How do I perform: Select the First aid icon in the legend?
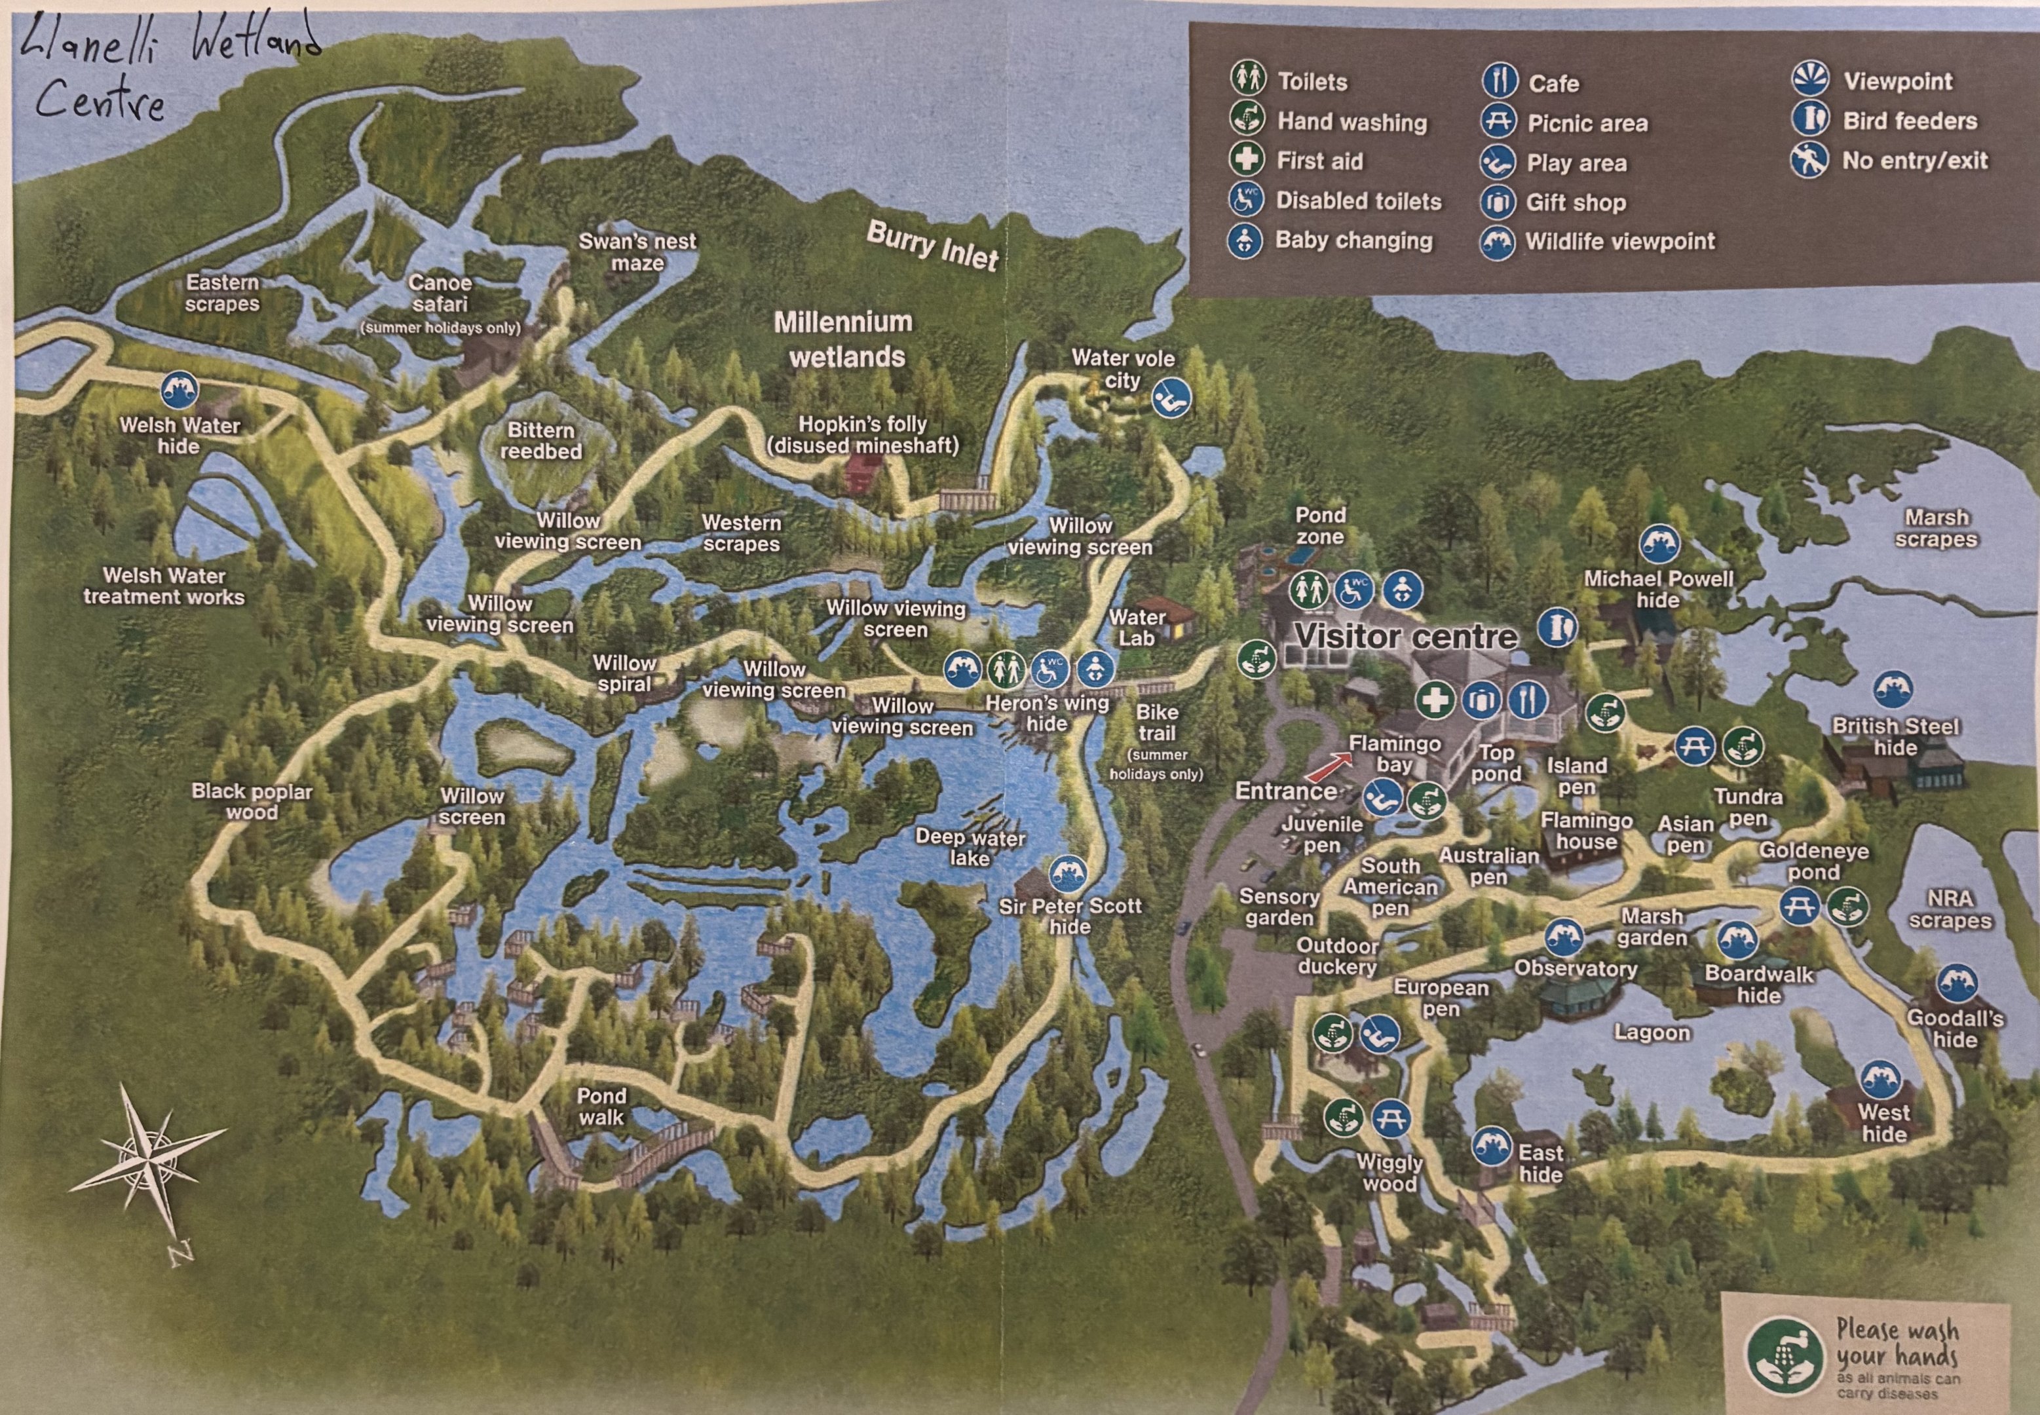[x=1247, y=160]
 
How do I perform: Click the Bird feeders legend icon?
[x=1809, y=120]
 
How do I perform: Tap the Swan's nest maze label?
[x=637, y=252]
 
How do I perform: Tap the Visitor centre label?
[x=1406, y=635]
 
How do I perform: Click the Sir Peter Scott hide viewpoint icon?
[x=1067, y=874]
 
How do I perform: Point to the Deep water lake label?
[x=970, y=848]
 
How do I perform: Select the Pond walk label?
[x=601, y=1106]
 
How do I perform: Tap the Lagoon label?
[x=1652, y=1033]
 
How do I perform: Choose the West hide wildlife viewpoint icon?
[x=1879, y=1079]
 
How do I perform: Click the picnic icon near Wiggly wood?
[x=1391, y=1118]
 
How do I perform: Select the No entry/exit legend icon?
[x=1809, y=160]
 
